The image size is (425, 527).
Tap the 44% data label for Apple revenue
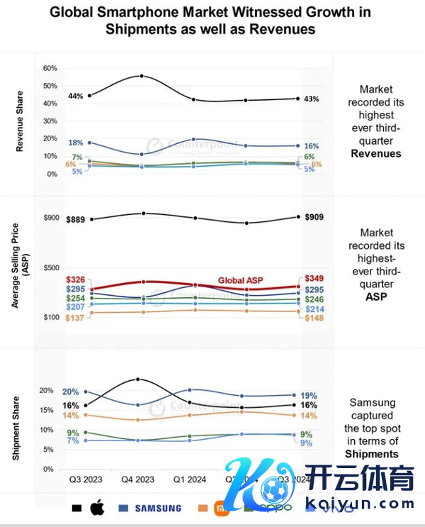tap(76, 96)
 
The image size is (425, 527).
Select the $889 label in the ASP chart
tap(75, 220)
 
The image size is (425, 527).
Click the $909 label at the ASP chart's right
tap(313, 216)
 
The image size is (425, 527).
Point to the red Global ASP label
tap(240, 280)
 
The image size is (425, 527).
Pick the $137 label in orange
tap(75, 318)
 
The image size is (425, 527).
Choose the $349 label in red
tap(313, 278)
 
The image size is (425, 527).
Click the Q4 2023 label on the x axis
tap(139, 479)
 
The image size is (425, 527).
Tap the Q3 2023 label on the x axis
tap(86, 479)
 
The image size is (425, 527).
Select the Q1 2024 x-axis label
tap(191, 479)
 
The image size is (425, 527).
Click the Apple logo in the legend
tap(97, 508)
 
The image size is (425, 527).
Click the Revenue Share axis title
tap(19, 121)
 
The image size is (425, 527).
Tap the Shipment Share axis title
tap(16, 424)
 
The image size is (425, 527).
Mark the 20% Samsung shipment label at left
tap(70, 392)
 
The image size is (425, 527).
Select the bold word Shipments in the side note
tap(372, 454)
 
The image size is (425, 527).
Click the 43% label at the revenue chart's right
tap(311, 99)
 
